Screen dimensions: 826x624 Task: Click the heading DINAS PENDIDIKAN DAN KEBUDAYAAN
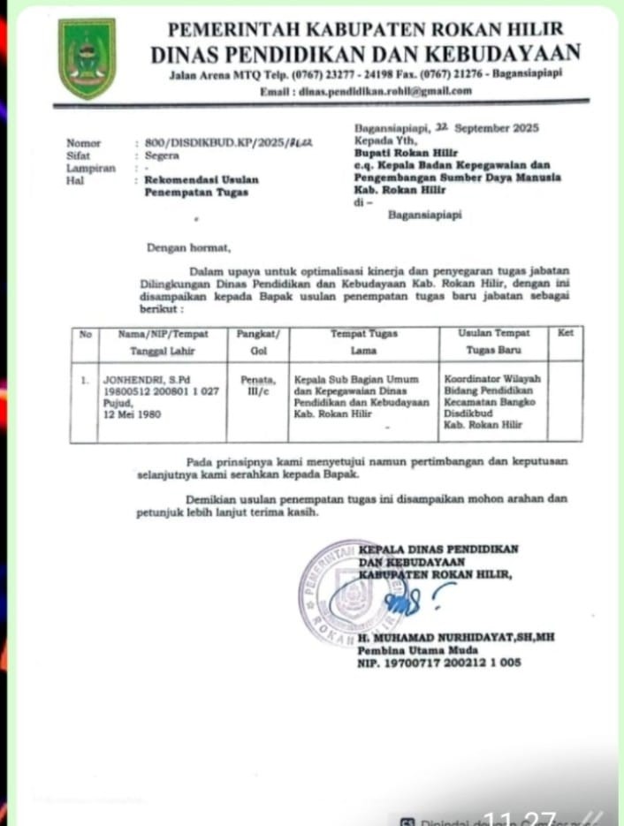365,53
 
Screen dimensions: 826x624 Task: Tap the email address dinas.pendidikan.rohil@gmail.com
365,90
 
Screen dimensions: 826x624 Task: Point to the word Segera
162,155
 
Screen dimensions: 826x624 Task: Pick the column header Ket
566,333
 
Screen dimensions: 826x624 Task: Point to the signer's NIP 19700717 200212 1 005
439,663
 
